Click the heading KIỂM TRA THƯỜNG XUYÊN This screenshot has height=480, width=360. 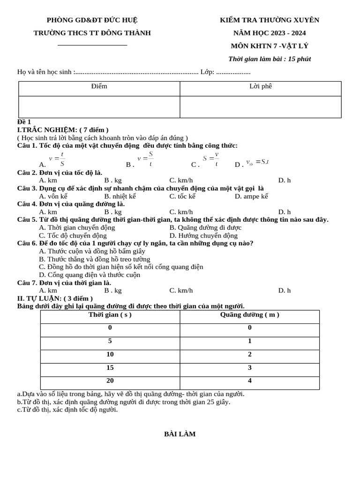[270, 20]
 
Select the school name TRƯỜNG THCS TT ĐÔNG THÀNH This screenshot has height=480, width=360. [92, 33]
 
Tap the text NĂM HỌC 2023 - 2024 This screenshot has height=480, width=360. [270, 33]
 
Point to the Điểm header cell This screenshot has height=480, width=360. [99, 86]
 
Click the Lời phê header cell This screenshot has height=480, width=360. [261, 86]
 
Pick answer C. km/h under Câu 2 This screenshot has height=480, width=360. [181, 180]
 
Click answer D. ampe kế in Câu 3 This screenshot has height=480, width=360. [251, 196]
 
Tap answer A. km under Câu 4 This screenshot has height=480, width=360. [48, 212]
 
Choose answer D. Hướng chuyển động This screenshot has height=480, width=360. [203, 236]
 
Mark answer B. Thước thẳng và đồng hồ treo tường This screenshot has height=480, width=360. [95, 259]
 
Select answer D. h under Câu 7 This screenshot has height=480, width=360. [284, 291]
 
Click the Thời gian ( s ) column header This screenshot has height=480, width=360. [110, 315]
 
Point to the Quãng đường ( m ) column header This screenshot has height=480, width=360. [249, 315]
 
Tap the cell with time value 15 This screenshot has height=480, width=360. [110, 368]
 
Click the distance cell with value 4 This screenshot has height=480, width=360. [249, 381]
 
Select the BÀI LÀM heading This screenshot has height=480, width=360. [180, 434]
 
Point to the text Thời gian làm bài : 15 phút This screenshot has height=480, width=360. [270, 59]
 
